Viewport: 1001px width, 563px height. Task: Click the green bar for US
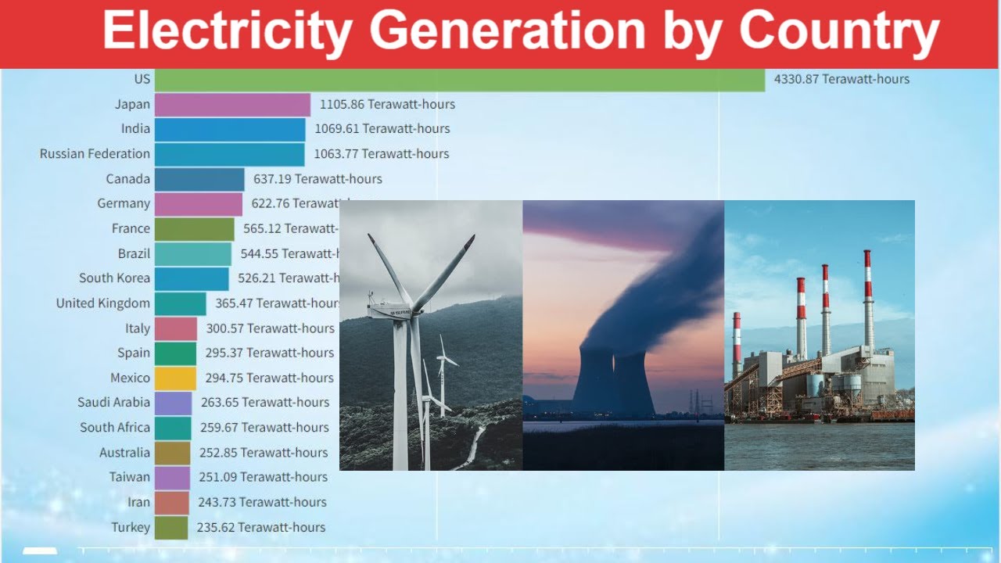point(459,79)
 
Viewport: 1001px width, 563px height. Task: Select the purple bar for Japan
point(232,104)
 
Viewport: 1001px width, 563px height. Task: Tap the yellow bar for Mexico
point(175,378)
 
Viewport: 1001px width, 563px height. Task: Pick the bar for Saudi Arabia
point(173,403)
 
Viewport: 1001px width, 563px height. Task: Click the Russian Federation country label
point(95,154)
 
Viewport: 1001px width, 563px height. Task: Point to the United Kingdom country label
point(102,303)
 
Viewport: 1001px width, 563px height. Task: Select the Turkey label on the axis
point(130,527)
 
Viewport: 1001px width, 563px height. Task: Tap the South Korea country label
point(114,278)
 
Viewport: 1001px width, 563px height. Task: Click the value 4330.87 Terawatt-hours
point(841,79)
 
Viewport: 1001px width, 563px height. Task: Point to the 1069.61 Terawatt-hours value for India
point(382,129)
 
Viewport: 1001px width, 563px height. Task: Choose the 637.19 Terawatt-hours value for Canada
point(318,179)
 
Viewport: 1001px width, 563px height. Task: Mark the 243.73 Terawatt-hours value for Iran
point(261,502)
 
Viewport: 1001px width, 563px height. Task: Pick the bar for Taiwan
point(172,477)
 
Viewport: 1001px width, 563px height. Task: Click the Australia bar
point(172,453)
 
